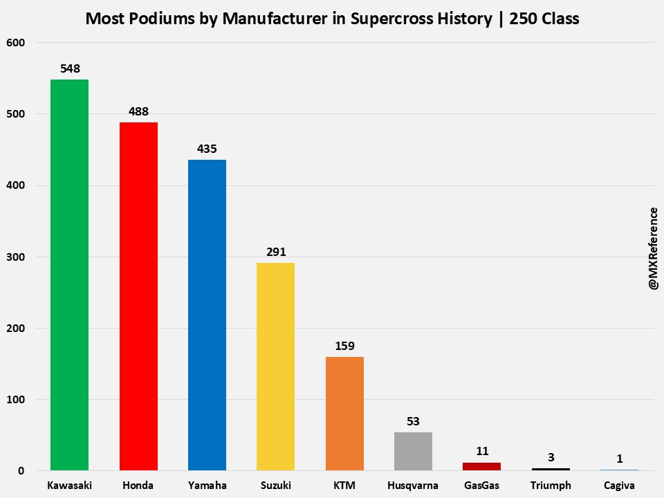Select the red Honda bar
point(138,297)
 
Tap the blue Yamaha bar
point(207,315)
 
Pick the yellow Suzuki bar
point(275,367)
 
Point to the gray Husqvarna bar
point(413,452)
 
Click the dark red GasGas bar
point(482,467)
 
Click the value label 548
point(70,68)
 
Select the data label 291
point(275,252)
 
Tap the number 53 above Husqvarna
point(413,421)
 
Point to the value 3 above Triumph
point(551,457)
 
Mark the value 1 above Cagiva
point(620,458)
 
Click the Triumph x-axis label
point(551,485)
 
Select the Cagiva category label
point(620,485)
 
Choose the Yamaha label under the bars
point(207,485)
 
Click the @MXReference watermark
point(653,249)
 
